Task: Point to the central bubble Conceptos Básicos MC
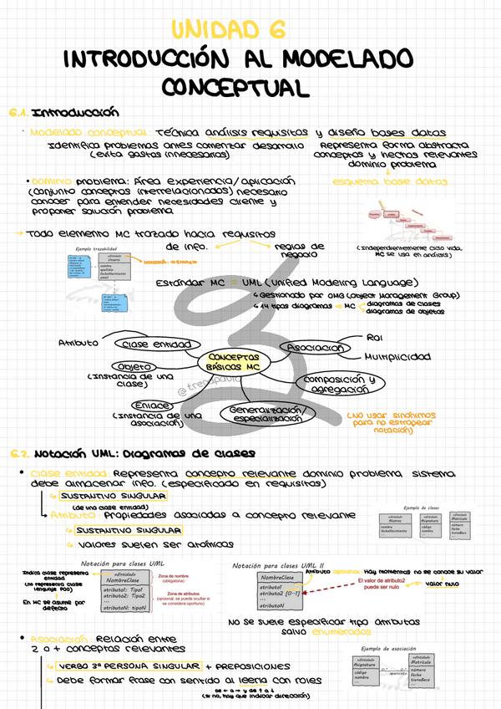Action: click(x=235, y=361)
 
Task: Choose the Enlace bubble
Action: click(x=154, y=406)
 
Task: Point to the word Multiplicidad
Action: click(x=397, y=356)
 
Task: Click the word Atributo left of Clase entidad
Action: click(x=78, y=343)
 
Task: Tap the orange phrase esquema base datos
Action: click(x=389, y=181)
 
